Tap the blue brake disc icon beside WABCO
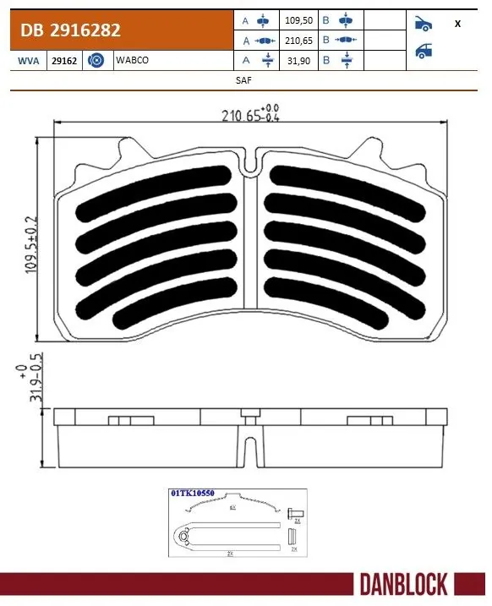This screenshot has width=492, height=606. pos(96,61)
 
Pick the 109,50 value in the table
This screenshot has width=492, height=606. pos(301,19)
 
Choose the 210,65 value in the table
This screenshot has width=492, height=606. pos(301,40)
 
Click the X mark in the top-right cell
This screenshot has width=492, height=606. pos(457,24)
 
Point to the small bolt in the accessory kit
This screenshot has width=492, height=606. pos(296,513)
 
